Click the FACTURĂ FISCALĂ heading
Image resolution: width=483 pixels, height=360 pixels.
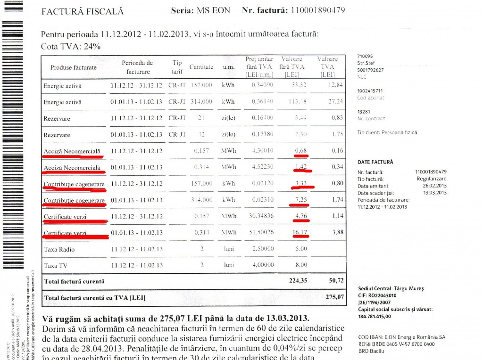tap(83, 11)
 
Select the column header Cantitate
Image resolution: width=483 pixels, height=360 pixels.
tap(201, 67)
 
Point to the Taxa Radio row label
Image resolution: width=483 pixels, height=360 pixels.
tap(59, 249)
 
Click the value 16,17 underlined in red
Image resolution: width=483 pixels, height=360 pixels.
tap(298, 232)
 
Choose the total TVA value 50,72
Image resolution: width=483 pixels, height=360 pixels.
tap(333, 281)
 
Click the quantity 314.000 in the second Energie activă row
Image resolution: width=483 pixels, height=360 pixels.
tap(201, 102)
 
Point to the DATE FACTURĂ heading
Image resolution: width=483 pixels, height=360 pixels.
tap(375, 162)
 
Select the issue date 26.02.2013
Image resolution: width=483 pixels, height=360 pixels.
tap(435, 186)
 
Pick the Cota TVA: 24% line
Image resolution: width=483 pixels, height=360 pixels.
tap(71, 47)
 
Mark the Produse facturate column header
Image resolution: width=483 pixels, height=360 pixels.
tap(73, 67)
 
